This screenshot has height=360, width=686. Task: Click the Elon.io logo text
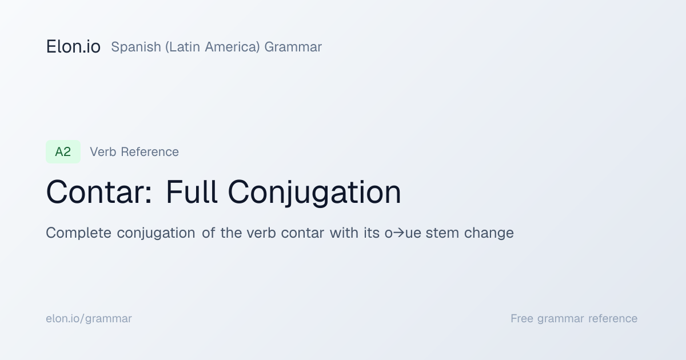click(73, 47)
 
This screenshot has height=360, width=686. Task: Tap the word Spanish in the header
click(136, 47)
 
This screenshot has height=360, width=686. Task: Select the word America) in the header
click(232, 47)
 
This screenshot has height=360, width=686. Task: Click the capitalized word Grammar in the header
click(293, 47)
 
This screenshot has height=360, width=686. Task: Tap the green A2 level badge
click(63, 152)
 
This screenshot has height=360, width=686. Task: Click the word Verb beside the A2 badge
click(103, 152)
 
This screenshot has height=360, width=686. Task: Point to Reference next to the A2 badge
click(150, 152)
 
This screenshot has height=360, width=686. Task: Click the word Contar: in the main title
click(99, 192)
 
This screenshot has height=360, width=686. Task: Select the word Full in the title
click(192, 192)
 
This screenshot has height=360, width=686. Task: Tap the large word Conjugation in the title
click(314, 193)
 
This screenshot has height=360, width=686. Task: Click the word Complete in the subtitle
click(78, 233)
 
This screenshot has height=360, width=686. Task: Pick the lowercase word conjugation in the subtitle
click(156, 234)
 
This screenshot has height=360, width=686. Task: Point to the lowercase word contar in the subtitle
click(302, 233)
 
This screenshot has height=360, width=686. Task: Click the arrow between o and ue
click(399, 233)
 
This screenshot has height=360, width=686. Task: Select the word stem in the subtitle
click(442, 233)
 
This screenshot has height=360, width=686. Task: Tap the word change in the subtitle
click(489, 234)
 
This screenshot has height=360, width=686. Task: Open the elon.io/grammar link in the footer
click(89, 319)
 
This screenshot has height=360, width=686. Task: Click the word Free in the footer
click(521, 319)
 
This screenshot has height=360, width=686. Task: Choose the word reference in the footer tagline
click(613, 319)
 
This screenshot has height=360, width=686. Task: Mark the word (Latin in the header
click(182, 47)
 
